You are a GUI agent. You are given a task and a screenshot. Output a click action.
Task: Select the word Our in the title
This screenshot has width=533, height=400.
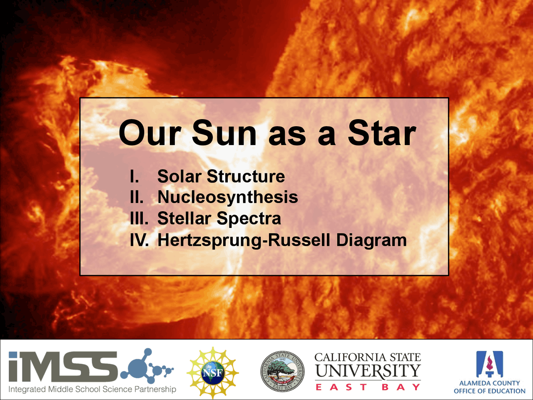150,133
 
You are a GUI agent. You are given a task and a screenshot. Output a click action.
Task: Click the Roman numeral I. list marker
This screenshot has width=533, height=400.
134,177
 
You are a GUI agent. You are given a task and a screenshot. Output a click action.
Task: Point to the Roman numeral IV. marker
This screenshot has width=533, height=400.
139,240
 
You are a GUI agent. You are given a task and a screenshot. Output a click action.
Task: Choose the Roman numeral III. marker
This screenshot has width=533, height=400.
139,219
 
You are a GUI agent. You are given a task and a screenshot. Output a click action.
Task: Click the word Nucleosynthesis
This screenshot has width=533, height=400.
227,197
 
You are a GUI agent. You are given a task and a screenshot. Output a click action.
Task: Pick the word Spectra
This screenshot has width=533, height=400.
249,219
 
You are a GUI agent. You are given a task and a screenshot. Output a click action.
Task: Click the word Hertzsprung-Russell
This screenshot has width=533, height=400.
244,240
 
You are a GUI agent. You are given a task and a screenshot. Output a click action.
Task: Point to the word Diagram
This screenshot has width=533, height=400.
371,240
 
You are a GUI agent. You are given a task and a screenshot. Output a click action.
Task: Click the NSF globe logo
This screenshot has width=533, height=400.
213,372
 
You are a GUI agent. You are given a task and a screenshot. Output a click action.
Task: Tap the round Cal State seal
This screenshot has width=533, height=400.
283,371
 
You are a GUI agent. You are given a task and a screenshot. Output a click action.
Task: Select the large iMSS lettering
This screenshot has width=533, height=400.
62,367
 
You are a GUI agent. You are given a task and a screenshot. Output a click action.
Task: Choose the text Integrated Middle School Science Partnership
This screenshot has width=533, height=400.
92,390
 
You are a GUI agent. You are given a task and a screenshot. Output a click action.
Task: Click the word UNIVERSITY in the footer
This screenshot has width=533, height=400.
368,370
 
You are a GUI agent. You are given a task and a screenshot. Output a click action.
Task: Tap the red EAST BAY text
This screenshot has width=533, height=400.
368,387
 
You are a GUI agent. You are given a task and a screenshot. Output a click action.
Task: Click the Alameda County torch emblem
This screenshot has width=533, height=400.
490,364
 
